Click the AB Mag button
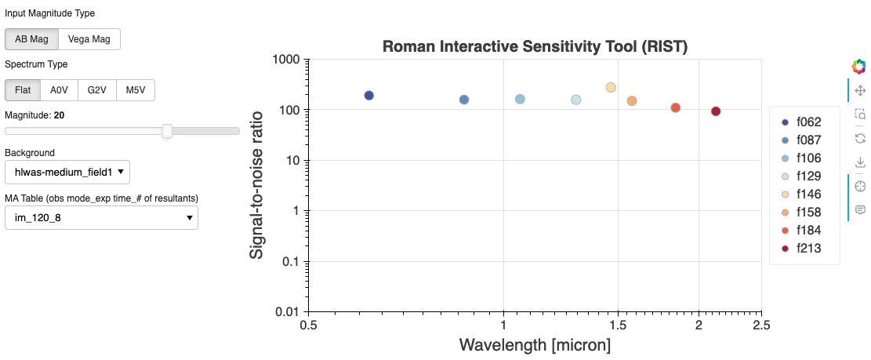(31, 39)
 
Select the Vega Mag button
(89, 39)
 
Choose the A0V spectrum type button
(59, 90)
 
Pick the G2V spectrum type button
(96, 90)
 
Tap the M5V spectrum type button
(135, 90)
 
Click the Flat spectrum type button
(23, 90)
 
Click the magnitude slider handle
(167, 131)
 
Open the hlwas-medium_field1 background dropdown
(67, 172)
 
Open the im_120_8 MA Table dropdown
(101, 217)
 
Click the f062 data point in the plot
(369, 96)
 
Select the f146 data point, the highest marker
(611, 87)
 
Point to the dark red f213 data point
(716, 111)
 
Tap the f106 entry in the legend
(807, 158)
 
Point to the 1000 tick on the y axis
(285, 60)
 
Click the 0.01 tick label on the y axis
(285, 312)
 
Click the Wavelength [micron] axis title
(535, 345)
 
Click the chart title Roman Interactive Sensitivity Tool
(535, 46)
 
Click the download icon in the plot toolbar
(860, 162)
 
